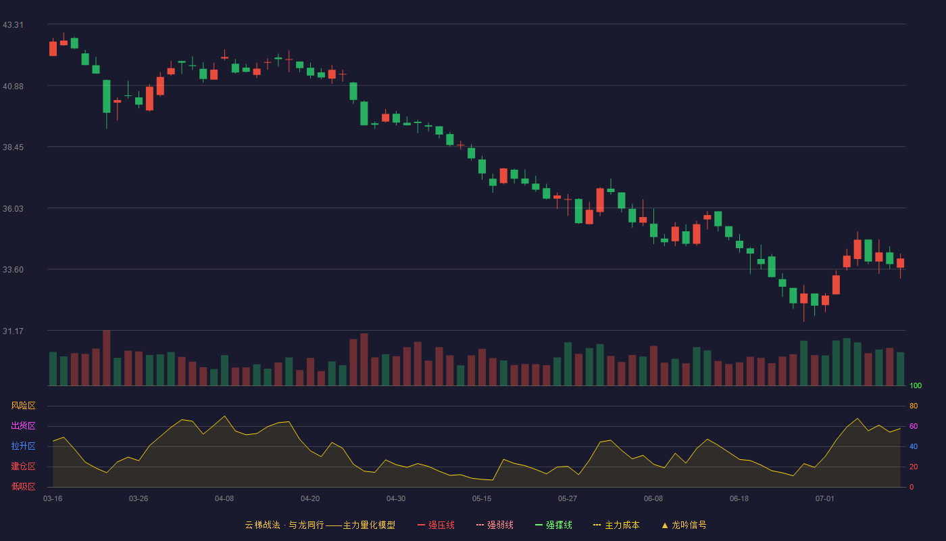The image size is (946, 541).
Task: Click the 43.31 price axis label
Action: (x=13, y=25)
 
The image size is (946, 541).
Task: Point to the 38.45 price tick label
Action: (x=13, y=147)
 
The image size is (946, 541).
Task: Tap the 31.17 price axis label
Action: (x=13, y=331)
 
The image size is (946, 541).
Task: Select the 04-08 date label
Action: (x=224, y=499)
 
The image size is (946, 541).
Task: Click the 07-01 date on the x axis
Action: (x=825, y=499)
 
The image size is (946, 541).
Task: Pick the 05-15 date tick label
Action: (x=482, y=499)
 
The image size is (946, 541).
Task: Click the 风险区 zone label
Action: (x=23, y=406)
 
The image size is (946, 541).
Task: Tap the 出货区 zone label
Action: (x=23, y=425)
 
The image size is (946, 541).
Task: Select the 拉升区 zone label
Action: (x=23, y=446)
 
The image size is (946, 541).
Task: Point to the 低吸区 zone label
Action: (x=23, y=486)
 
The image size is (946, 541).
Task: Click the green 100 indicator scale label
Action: (x=916, y=385)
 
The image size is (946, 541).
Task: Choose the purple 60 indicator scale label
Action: (x=914, y=426)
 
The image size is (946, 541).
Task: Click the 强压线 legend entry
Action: (x=436, y=525)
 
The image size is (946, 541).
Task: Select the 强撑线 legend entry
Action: (x=553, y=525)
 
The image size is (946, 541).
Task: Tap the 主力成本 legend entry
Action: (x=616, y=525)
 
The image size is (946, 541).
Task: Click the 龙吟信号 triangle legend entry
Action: (x=684, y=525)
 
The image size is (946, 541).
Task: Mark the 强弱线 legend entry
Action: (x=495, y=525)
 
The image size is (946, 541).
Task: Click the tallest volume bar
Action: (x=107, y=358)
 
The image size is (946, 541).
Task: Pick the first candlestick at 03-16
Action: (x=53, y=48)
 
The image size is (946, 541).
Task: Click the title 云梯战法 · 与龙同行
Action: (x=284, y=525)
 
